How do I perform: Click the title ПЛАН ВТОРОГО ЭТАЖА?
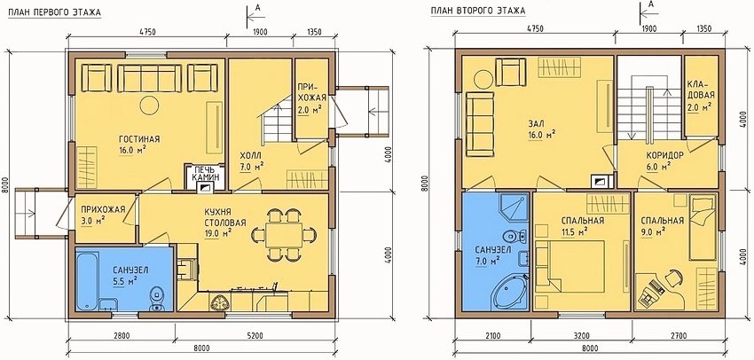click(478, 12)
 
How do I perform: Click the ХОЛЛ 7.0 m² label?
click(251, 160)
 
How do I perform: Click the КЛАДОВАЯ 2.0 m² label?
click(696, 98)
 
